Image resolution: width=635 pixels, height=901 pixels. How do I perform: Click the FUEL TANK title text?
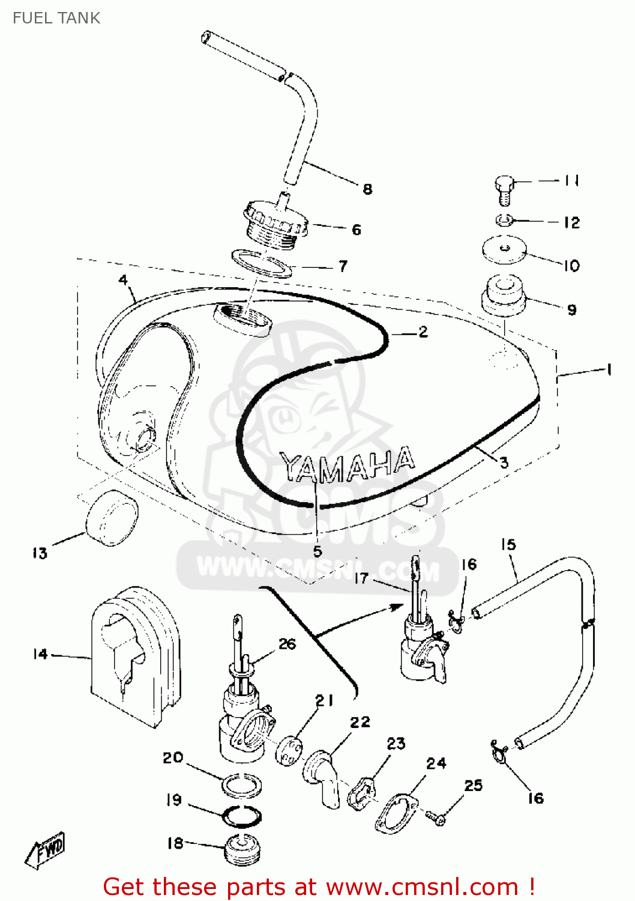click(x=56, y=18)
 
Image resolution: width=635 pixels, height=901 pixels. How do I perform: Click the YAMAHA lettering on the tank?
click(x=348, y=465)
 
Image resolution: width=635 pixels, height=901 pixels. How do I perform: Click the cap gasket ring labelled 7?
click(x=262, y=264)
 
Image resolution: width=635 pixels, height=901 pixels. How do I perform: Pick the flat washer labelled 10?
click(x=504, y=249)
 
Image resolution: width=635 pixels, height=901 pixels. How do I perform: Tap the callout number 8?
click(x=367, y=189)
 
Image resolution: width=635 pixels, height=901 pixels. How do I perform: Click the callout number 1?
click(x=609, y=369)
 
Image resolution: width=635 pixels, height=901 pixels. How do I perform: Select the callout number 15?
click(x=508, y=544)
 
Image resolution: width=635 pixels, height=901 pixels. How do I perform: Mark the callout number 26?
click(x=287, y=644)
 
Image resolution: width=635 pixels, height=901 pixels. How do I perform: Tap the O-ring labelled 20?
click(x=242, y=783)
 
